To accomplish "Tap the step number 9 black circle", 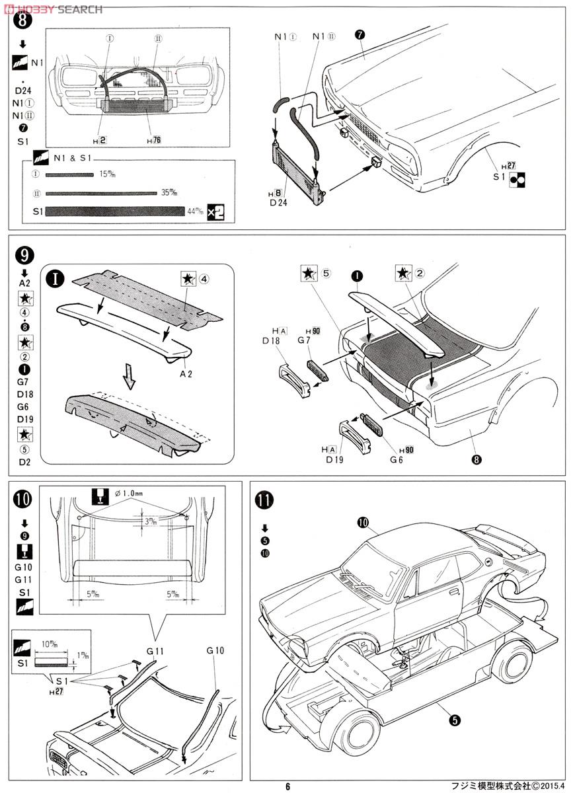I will [22, 254].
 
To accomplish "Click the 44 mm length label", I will [195, 211].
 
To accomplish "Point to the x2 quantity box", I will [215, 211].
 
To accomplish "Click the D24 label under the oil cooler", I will [278, 203].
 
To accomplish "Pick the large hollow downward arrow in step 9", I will [130, 380].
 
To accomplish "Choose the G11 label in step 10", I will [155, 651].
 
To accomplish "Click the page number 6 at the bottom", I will [287, 786].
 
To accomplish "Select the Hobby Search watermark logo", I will [53, 9].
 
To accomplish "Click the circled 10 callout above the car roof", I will [363, 522].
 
